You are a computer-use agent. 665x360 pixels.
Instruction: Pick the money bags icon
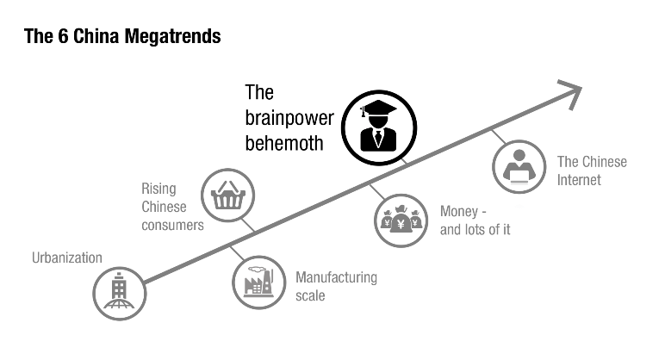coord(401,220)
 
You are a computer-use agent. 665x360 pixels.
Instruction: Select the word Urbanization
coord(66,258)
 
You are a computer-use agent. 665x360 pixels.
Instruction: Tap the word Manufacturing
coord(337,277)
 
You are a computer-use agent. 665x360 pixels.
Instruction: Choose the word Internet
coord(579,180)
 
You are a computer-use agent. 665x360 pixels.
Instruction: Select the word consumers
coord(173,225)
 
